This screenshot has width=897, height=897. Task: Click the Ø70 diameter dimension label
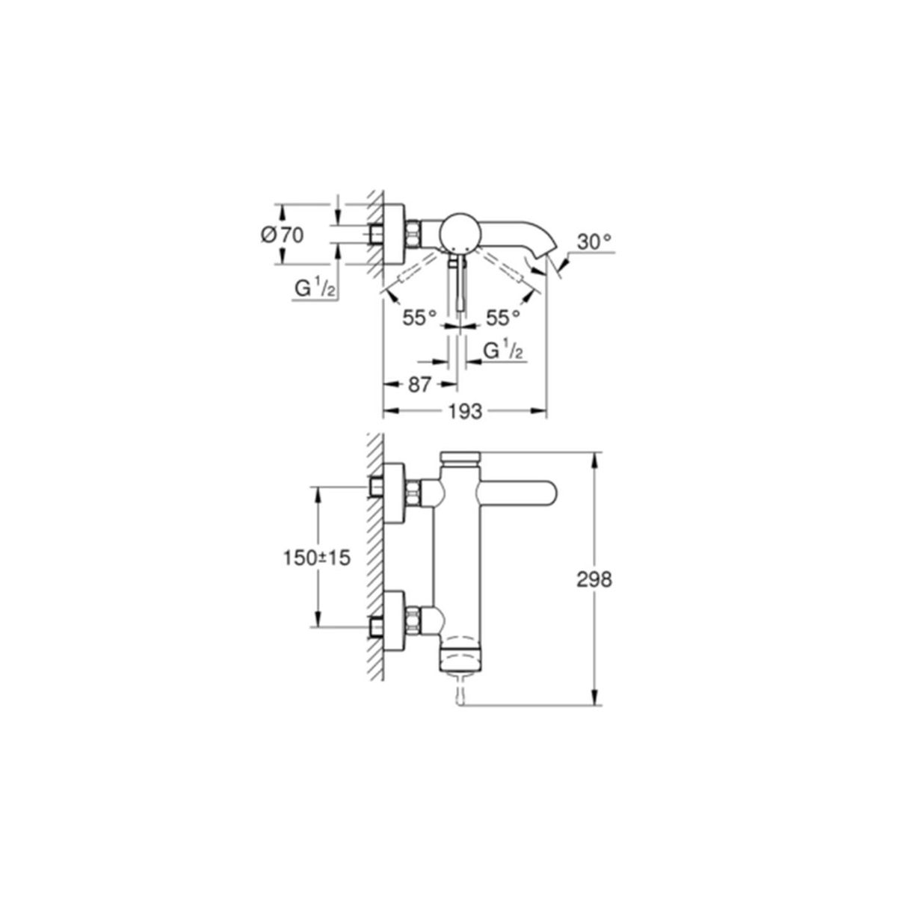(282, 235)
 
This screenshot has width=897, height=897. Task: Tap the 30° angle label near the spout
(594, 241)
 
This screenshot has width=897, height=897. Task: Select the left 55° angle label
(419, 318)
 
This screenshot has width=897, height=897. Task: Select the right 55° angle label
(503, 318)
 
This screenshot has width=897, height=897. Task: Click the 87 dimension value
(419, 385)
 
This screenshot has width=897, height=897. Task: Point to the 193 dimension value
(465, 411)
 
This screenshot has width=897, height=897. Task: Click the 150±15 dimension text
(316, 558)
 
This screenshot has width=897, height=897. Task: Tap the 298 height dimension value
(594, 580)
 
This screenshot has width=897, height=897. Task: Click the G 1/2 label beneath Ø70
(315, 289)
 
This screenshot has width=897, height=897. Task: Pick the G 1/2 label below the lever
(503, 351)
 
